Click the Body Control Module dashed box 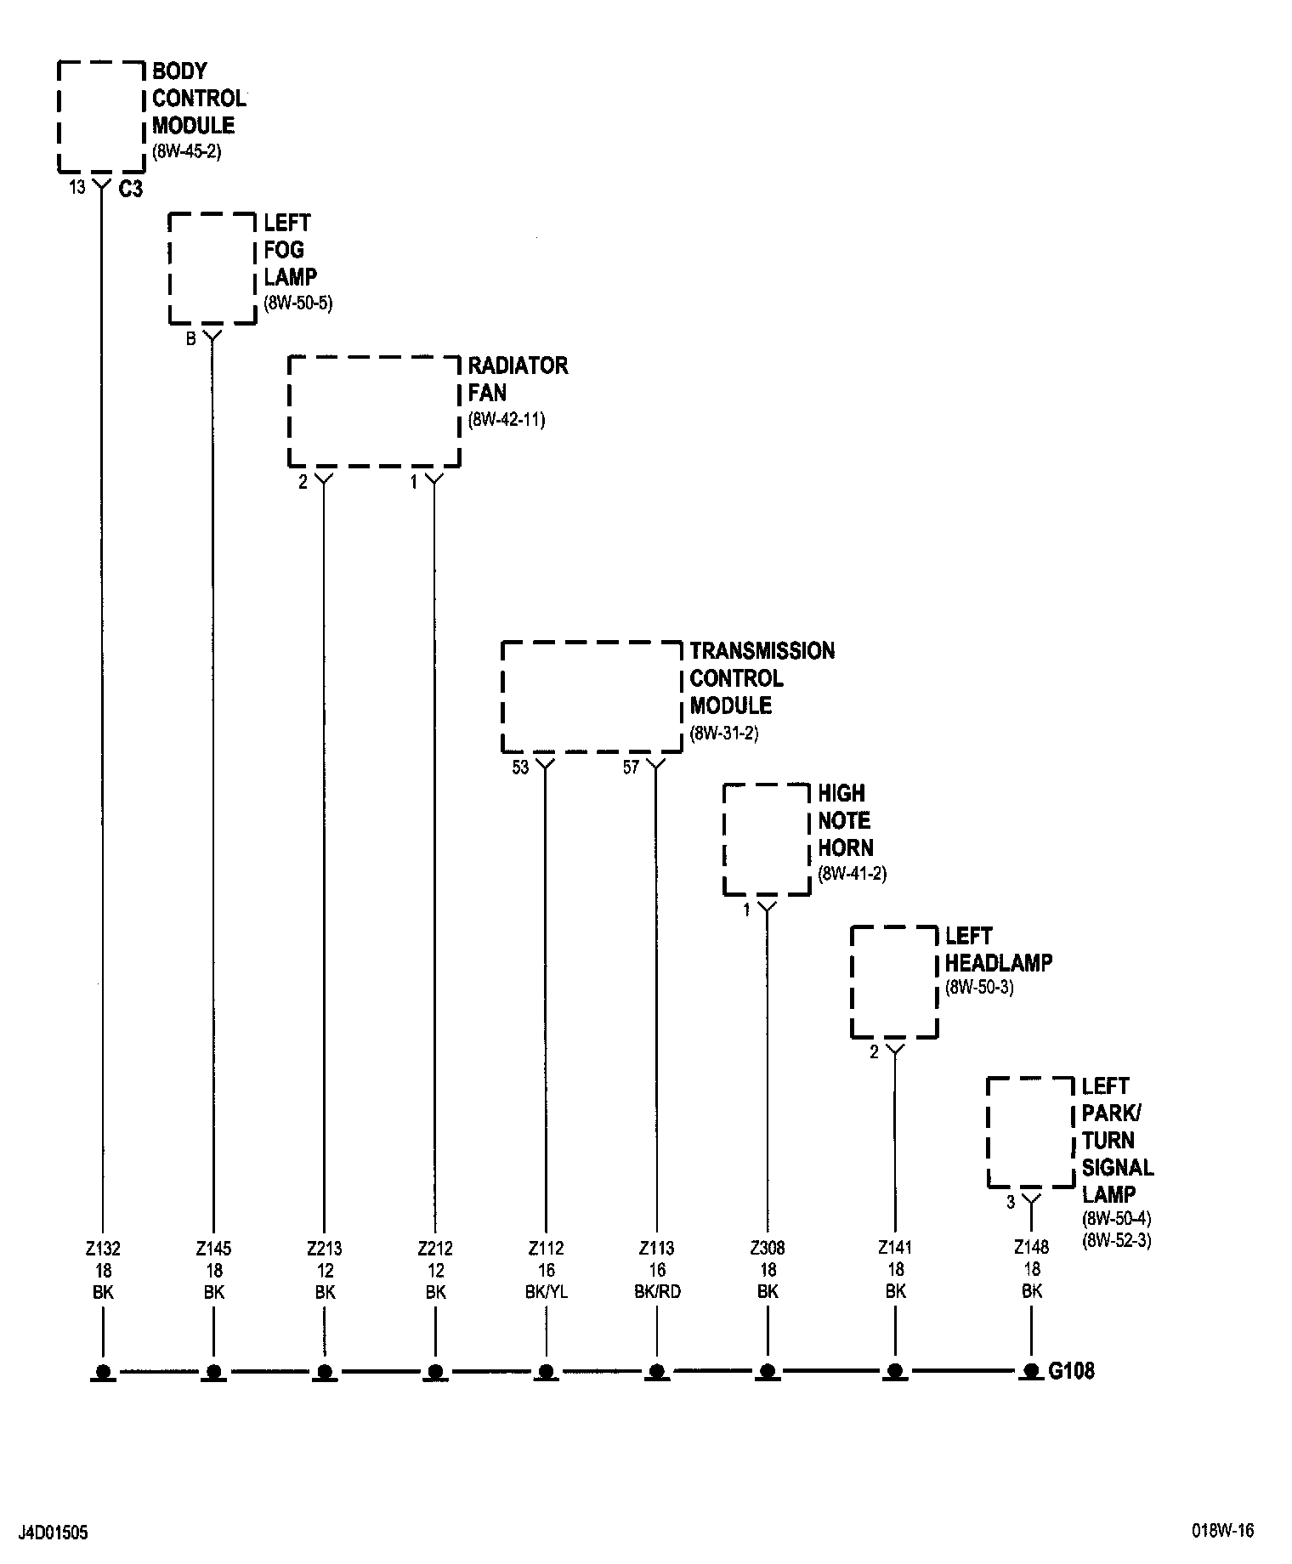click(x=101, y=116)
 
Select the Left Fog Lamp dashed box click(x=212, y=268)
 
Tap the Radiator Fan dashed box click(x=374, y=411)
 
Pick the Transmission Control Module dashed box click(x=592, y=697)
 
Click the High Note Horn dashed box click(x=766, y=839)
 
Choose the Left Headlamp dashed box click(x=894, y=982)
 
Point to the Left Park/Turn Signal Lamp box click(x=1031, y=1132)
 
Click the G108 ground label click(x=1072, y=1370)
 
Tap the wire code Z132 click(x=104, y=1249)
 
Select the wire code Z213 click(x=325, y=1249)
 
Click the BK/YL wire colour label click(x=547, y=1292)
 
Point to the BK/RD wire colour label click(x=657, y=1292)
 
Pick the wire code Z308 click(x=768, y=1249)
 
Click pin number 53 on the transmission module click(x=520, y=768)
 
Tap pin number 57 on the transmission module click(x=631, y=768)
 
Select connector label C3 click(x=130, y=190)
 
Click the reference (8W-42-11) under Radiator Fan click(x=507, y=420)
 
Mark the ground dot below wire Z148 click(x=1031, y=1370)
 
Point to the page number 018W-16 click(x=1221, y=1531)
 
